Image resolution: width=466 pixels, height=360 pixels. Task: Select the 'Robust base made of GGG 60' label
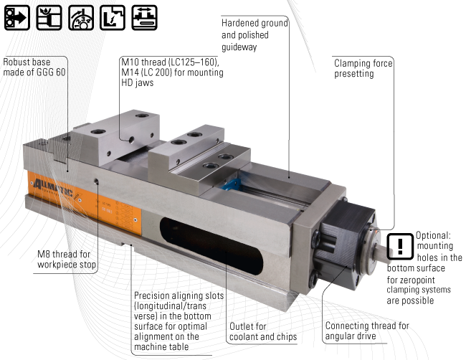point(35,67)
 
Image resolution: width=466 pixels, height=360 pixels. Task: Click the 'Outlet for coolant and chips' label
point(262,331)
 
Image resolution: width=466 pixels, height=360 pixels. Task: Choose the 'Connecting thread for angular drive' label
point(366,331)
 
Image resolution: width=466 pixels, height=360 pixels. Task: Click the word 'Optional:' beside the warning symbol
point(434,235)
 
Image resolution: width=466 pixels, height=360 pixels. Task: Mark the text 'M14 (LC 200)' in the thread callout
point(148,72)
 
